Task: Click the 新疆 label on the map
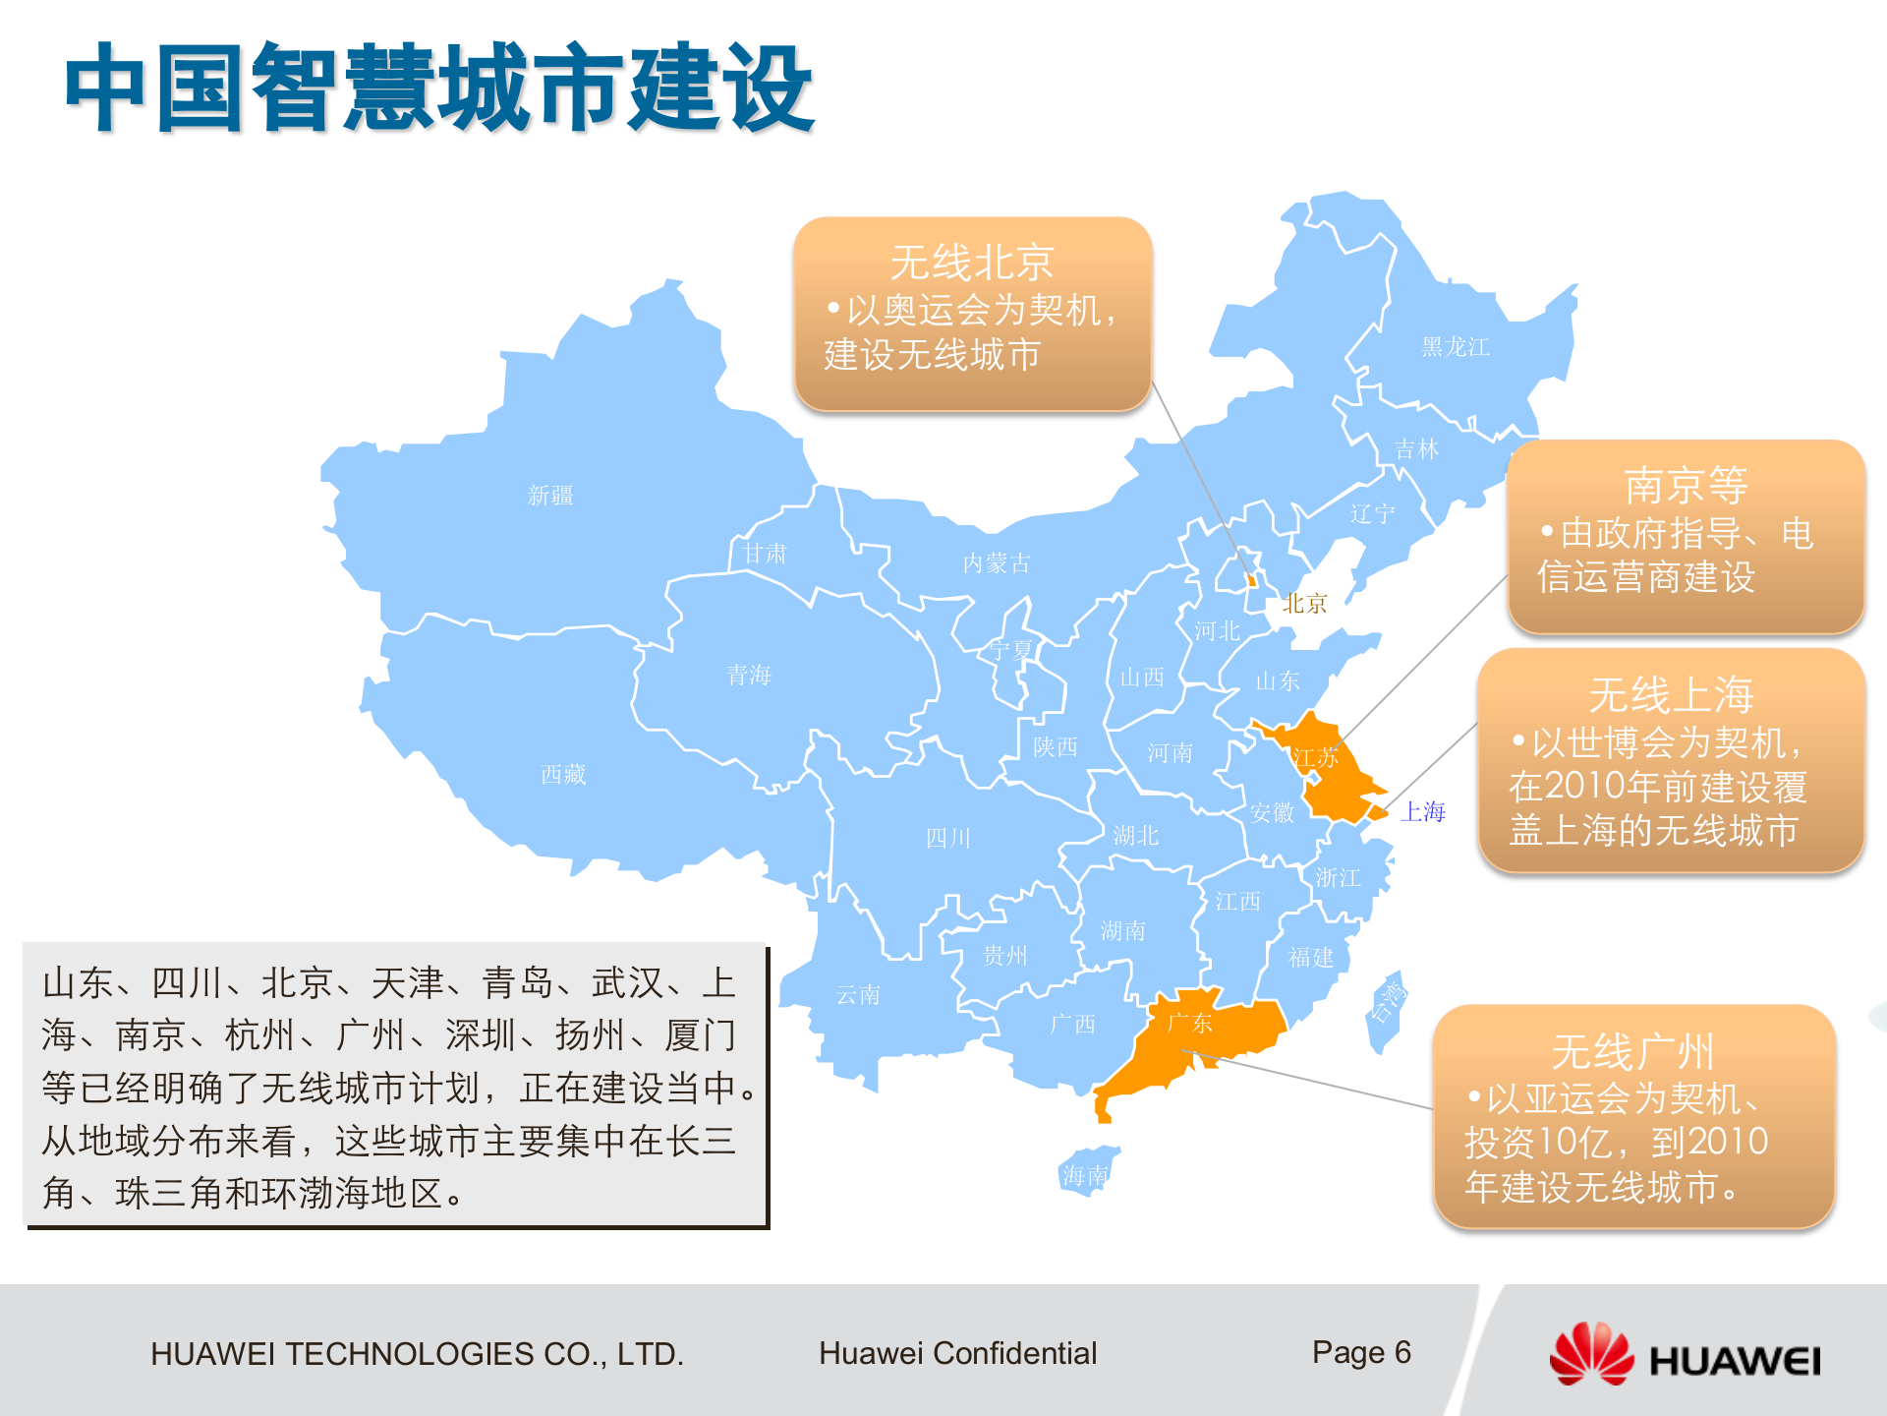click(550, 496)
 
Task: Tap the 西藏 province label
click(563, 775)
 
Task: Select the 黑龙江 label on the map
click(1456, 347)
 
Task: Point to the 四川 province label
click(948, 839)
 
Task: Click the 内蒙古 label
click(997, 563)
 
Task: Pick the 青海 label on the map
click(749, 676)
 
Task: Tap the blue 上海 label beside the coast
click(1422, 812)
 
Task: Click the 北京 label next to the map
click(1304, 604)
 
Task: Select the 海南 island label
click(1085, 1175)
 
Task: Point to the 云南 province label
click(858, 995)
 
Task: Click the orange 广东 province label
click(1189, 1024)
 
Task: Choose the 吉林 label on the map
click(1416, 449)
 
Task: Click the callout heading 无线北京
click(972, 263)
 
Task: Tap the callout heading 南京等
click(1686, 486)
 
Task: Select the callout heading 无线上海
click(1671, 695)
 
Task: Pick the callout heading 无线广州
click(1632, 1052)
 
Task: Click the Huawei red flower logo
click(1591, 1355)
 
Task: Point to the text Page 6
click(1361, 1353)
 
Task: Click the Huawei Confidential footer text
click(957, 1354)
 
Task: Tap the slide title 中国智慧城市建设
click(439, 88)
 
